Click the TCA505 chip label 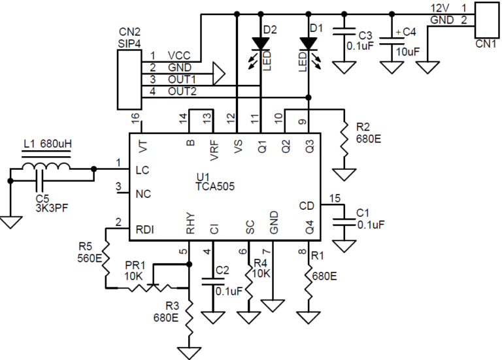tap(215, 186)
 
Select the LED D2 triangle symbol tap(261, 44)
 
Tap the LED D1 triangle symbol tap(309, 44)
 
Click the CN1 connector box tap(486, 20)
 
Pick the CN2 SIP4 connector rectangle tap(129, 79)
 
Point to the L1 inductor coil tap(46, 167)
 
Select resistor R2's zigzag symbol tap(344, 139)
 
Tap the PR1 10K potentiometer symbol tap(153, 286)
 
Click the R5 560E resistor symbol tap(106, 259)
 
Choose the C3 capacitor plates tap(344, 31)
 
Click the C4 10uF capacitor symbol tap(392, 42)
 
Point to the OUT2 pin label tap(182, 91)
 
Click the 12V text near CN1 tap(440, 8)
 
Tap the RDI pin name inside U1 tap(145, 229)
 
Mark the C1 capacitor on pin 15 tap(344, 222)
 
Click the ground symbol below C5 tap(10, 222)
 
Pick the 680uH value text tap(56, 144)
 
